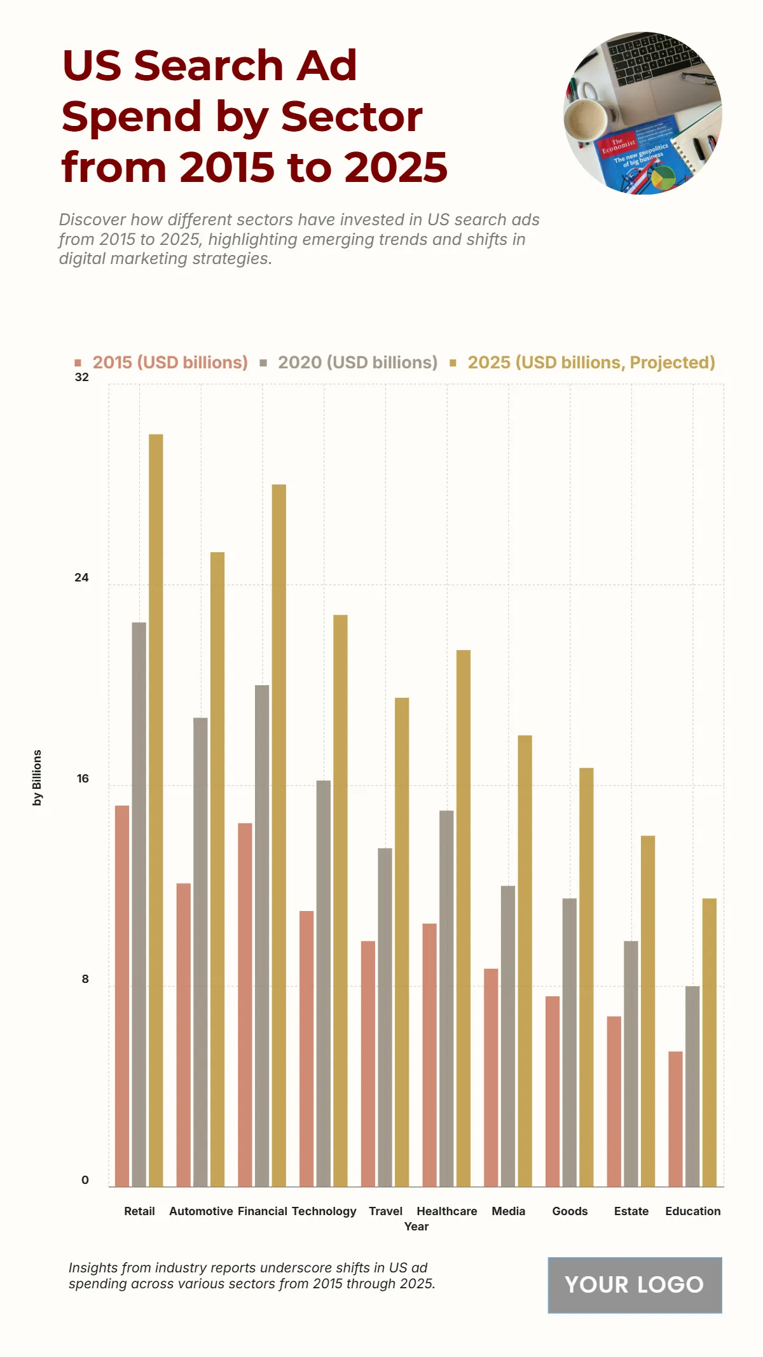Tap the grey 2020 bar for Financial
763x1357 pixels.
click(262, 935)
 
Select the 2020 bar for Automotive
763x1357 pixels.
click(200, 951)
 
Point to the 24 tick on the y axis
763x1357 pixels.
click(81, 578)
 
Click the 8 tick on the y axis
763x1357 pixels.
click(85, 979)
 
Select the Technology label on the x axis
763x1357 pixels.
click(324, 1211)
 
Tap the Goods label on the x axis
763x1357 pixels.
click(570, 1211)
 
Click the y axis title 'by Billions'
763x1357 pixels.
click(37, 777)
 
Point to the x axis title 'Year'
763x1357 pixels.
click(416, 1227)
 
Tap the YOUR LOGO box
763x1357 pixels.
click(635, 1285)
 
